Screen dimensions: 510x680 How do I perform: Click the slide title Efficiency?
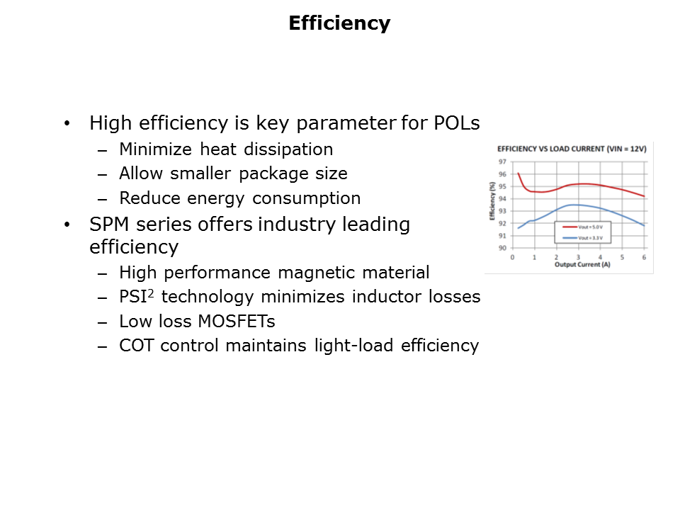click(x=339, y=23)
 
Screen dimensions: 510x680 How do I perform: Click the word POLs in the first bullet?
click(x=455, y=123)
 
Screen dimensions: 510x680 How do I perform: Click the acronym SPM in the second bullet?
click(x=109, y=225)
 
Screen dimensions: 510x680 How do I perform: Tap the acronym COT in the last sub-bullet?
click(x=135, y=346)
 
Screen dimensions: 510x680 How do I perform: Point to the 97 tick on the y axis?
click(x=501, y=162)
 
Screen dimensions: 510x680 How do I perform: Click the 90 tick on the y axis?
click(x=501, y=248)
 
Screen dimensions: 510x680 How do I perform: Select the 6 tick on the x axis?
click(x=644, y=257)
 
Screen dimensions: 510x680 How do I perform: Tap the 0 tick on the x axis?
click(x=512, y=257)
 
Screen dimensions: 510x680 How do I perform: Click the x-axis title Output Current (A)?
click(x=578, y=264)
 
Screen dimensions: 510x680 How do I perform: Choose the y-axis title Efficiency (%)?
click(x=492, y=202)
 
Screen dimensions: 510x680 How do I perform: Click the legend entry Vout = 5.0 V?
click(x=589, y=227)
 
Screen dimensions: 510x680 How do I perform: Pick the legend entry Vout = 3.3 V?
click(x=589, y=237)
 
